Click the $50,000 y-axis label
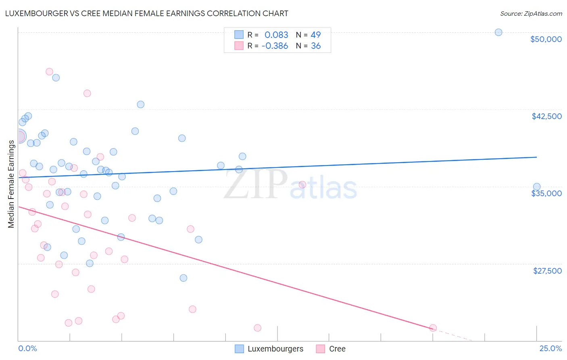pyautogui.click(x=546, y=39)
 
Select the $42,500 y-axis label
pyautogui.click(x=546, y=116)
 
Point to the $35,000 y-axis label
pyautogui.click(x=546, y=193)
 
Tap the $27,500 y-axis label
pyautogui.click(x=547, y=271)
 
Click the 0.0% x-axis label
pyautogui.click(x=27, y=348)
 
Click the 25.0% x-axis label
pyautogui.click(x=550, y=348)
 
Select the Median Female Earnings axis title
pyautogui.click(x=11, y=184)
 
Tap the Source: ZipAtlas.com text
pyautogui.click(x=531, y=13)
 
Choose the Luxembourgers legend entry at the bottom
pyautogui.click(x=275, y=349)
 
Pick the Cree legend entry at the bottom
pyautogui.click(x=337, y=349)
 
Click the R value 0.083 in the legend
pyautogui.click(x=276, y=35)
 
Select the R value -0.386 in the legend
pyautogui.click(x=275, y=46)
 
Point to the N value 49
pyautogui.click(x=315, y=35)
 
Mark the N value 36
pyautogui.click(x=316, y=46)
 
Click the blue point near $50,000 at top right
pyautogui.click(x=498, y=32)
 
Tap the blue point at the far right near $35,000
pyautogui.click(x=537, y=187)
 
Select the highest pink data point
pyautogui.click(x=49, y=71)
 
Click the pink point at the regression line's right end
pyautogui.click(x=433, y=328)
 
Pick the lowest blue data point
pyautogui.click(x=183, y=278)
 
